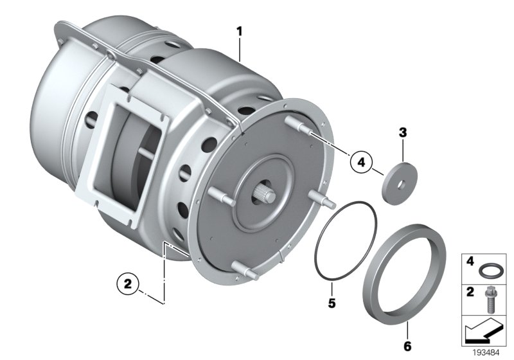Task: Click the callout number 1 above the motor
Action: tap(240, 31)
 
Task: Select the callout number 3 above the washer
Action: tap(403, 133)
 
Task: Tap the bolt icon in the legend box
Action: tap(493, 298)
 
